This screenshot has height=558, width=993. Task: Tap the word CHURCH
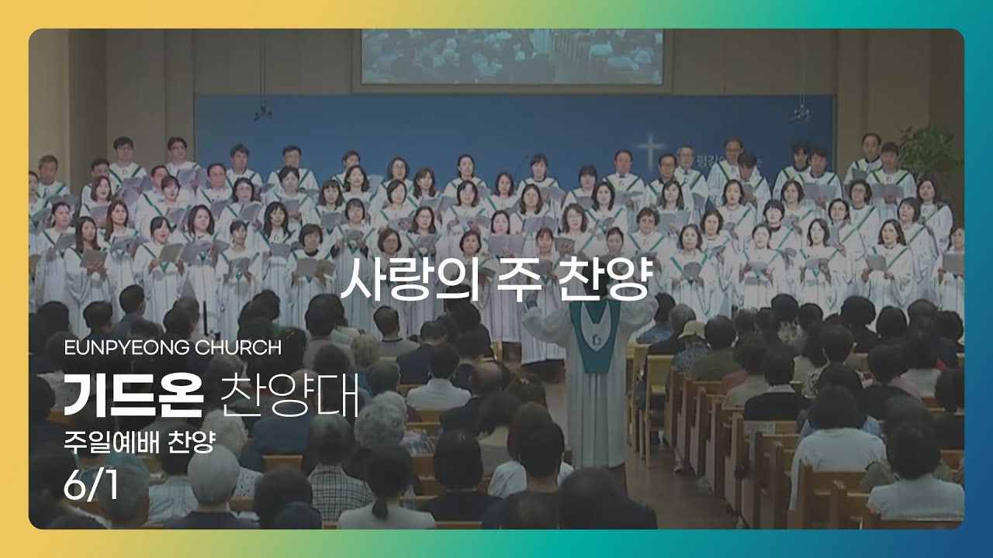pos(238,348)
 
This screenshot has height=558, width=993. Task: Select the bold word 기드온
pos(133,395)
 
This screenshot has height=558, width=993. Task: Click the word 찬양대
pos(289,395)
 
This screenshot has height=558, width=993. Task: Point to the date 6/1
pos(91,486)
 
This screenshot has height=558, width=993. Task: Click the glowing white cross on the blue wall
pos(650,150)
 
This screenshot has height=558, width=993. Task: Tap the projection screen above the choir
pos(512,57)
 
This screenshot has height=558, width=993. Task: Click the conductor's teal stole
pos(595,333)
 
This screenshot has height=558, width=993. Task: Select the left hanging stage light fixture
pos(263,113)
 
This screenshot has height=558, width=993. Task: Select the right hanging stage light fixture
pos(801,113)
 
